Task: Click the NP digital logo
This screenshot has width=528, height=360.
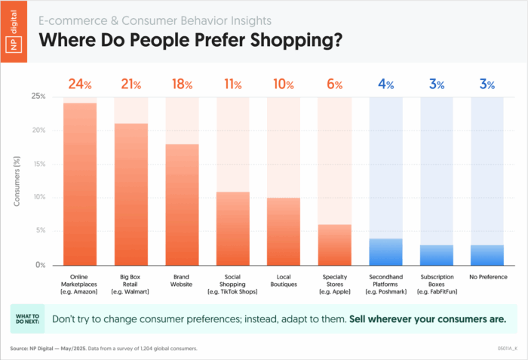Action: pyautogui.click(x=14, y=32)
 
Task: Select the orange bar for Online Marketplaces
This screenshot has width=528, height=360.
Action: pyautogui.click(x=80, y=184)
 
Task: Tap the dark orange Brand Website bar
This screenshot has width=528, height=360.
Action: pyautogui.click(x=183, y=205)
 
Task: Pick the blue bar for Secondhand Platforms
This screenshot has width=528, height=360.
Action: pyautogui.click(x=386, y=252)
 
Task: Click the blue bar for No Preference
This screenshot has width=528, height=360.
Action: pyautogui.click(x=487, y=255)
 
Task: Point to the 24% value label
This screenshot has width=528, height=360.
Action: pyautogui.click(x=80, y=84)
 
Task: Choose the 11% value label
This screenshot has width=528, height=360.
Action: pyautogui.click(x=233, y=84)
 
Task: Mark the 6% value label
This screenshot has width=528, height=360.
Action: pyautogui.click(x=335, y=84)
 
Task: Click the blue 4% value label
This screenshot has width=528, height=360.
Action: pyautogui.click(x=386, y=84)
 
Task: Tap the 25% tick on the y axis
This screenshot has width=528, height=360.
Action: pyautogui.click(x=38, y=97)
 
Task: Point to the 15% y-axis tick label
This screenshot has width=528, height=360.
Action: pyautogui.click(x=38, y=165)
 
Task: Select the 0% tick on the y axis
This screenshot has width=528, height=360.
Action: pyautogui.click(x=41, y=265)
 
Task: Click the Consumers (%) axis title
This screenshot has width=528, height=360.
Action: pyautogui.click(x=17, y=181)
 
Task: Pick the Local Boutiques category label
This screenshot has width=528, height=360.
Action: pyautogui.click(x=284, y=281)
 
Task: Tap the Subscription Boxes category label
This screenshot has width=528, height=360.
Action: pyautogui.click(x=437, y=285)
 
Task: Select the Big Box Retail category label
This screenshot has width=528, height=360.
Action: pyautogui.click(x=130, y=285)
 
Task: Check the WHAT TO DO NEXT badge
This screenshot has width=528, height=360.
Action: pyautogui.click(x=28, y=319)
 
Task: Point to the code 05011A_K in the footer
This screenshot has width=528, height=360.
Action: pyautogui.click(x=508, y=349)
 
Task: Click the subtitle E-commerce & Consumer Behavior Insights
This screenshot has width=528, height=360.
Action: pyautogui.click(x=155, y=20)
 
